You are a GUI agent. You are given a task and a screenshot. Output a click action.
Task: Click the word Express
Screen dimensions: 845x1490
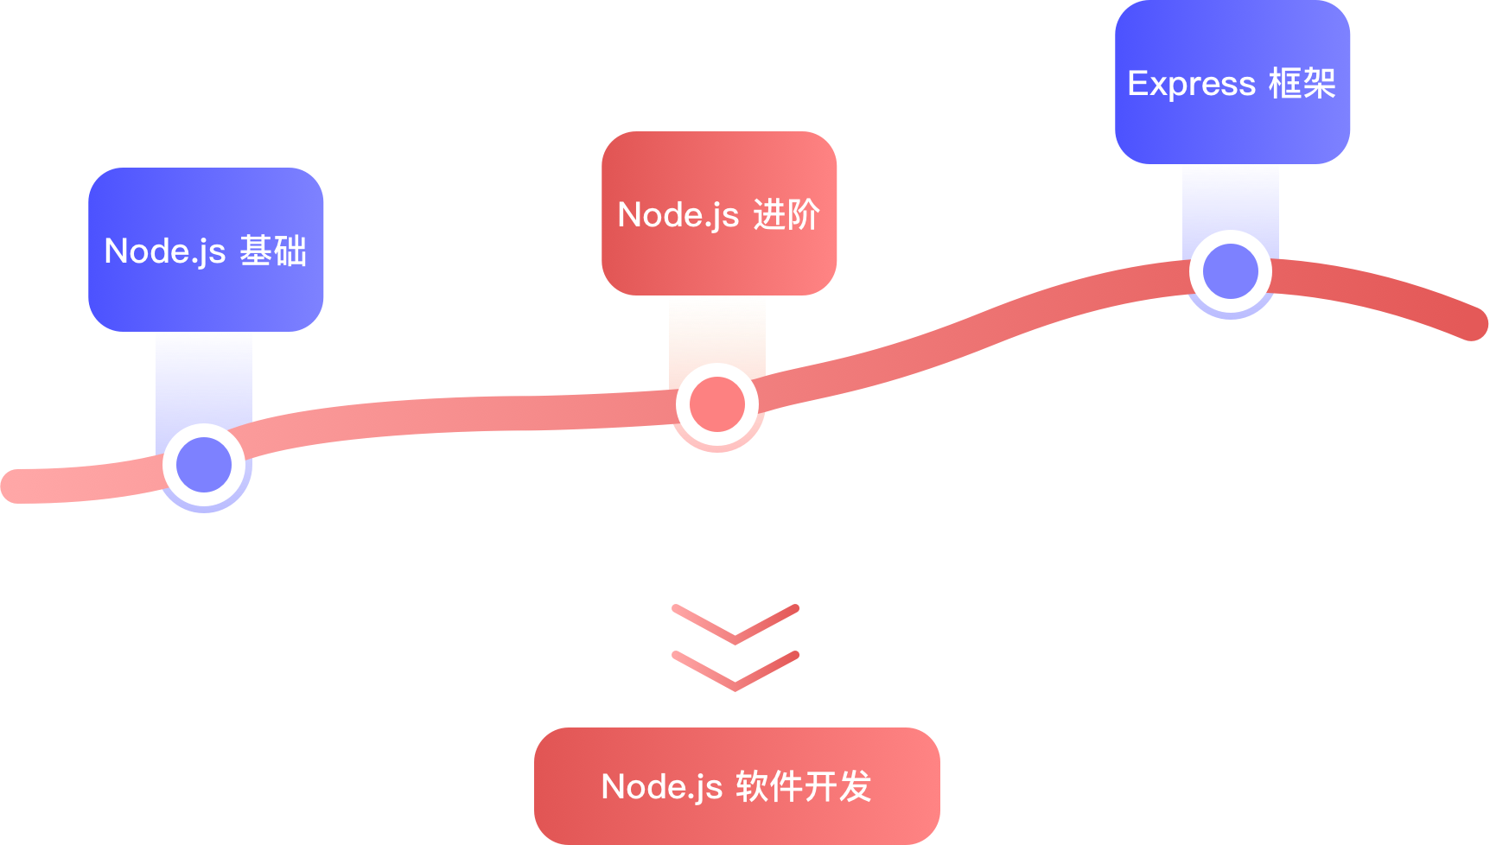[x=1191, y=84]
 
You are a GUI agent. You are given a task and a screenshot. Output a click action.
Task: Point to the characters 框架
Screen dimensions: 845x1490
[x=1302, y=84]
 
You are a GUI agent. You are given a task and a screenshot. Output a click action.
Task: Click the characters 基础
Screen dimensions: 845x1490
[x=273, y=251]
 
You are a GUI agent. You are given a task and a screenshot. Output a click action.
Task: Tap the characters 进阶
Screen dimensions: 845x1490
[x=786, y=215]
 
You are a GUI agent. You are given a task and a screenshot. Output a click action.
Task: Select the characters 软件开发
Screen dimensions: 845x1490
[x=804, y=787]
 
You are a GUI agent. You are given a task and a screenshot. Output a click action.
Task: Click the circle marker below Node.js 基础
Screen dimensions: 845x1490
[x=204, y=465]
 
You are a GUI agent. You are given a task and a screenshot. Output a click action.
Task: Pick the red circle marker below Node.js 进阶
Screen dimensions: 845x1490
[x=717, y=404]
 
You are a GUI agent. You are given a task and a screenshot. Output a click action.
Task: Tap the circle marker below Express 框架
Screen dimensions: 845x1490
[x=1231, y=271]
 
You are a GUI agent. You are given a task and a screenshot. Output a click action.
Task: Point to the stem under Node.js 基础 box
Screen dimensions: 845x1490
[x=204, y=376]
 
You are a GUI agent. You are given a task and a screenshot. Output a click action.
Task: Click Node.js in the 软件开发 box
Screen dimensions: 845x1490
[x=661, y=787]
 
